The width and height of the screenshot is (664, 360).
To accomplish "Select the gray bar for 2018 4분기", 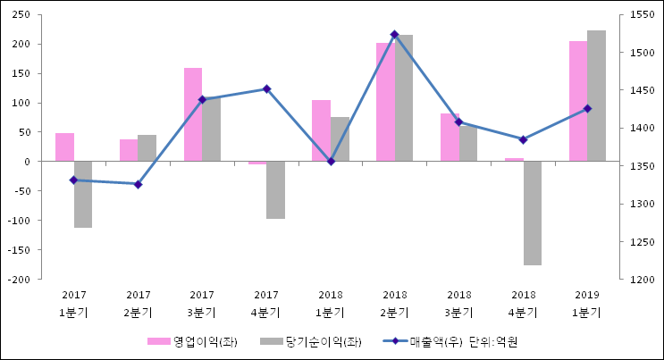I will (x=532, y=213).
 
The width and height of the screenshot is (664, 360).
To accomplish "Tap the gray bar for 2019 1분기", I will (x=596, y=96).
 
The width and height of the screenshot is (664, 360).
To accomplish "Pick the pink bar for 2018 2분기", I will (x=385, y=102).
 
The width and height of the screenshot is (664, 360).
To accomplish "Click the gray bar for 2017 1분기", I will (x=83, y=194).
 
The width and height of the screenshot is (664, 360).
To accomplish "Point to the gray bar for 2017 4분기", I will (x=275, y=189).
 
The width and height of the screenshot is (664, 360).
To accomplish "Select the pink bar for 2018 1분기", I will (x=321, y=130).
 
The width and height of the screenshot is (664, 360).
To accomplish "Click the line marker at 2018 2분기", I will (x=394, y=34).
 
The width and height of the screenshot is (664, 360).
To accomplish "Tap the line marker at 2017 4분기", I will (x=266, y=88).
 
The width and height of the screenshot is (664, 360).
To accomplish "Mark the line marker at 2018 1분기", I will (x=331, y=161).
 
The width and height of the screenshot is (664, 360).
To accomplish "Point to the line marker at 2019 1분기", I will (x=587, y=108).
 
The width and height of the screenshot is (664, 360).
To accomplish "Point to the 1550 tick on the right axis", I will (x=642, y=15).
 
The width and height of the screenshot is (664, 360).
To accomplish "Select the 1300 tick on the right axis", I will (x=642, y=204).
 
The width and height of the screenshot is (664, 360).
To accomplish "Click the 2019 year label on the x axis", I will (x=587, y=295).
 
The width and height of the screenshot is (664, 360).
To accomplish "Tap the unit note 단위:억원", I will (x=493, y=341).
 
